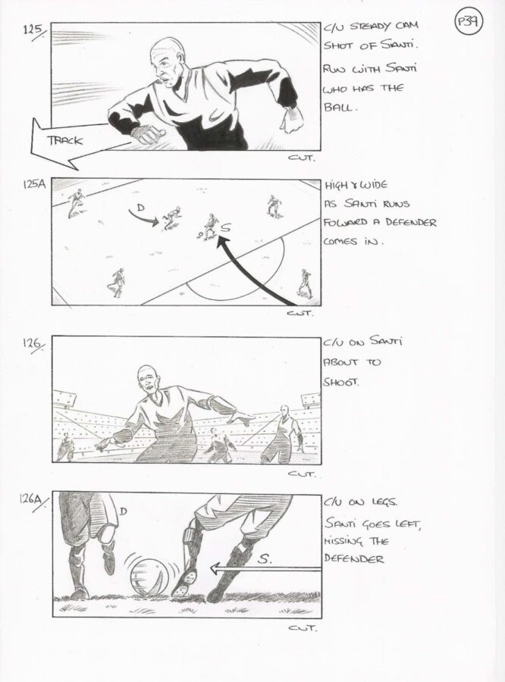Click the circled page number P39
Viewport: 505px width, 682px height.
click(469, 22)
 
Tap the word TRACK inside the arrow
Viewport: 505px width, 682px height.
click(65, 140)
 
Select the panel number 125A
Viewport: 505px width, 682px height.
click(34, 184)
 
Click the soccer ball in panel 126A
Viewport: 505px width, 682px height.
click(148, 578)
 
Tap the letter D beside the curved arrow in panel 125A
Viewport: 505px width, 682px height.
click(140, 207)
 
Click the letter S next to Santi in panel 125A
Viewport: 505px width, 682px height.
click(226, 227)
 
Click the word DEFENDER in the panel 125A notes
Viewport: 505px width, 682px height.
click(410, 223)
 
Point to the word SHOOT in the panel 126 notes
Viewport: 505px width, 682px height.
click(340, 382)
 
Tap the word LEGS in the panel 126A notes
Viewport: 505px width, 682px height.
click(384, 502)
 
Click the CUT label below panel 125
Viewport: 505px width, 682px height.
click(301, 158)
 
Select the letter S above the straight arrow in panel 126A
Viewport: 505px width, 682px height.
click(264, 559)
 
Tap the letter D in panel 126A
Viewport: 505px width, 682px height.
click(123, 511)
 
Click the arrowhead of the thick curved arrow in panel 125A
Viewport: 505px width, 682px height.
click(222, 242)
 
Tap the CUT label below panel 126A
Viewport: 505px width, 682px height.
click(302, 627)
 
